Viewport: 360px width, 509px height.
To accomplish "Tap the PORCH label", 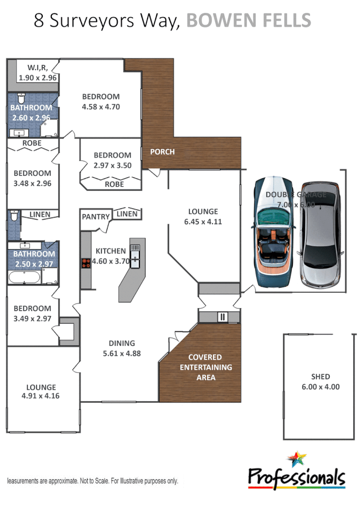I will pyautogui.click(x=162, y=152).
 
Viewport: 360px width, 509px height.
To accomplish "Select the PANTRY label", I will pyautogui.click(x=96, y=217).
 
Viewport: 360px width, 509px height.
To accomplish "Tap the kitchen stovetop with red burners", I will pyautogui.click(x=86, y=263).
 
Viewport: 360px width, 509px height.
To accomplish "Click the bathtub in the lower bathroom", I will pyautogui.click(x=24, y=277).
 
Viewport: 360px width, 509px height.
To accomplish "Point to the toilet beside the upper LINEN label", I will pyautogui.click(x=14, y=217).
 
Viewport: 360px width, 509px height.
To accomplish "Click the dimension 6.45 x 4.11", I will pyautogui.click(x=202, y=222).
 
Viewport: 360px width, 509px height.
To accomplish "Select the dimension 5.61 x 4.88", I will pyautogui.click(x=122, y=353).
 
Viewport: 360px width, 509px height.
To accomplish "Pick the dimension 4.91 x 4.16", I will pyautogui.click(x=41, y=396).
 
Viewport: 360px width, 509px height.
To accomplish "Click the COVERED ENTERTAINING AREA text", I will pyautogui.click(x=205, y=367).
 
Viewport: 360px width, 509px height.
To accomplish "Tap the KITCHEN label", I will pyautogui.click(x=111, y=251).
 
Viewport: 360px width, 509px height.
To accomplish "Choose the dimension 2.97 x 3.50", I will pyautogui.click(x=112, y=165).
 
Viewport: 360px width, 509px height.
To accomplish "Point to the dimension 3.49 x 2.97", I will pyautogui.click(x=32, y=318).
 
